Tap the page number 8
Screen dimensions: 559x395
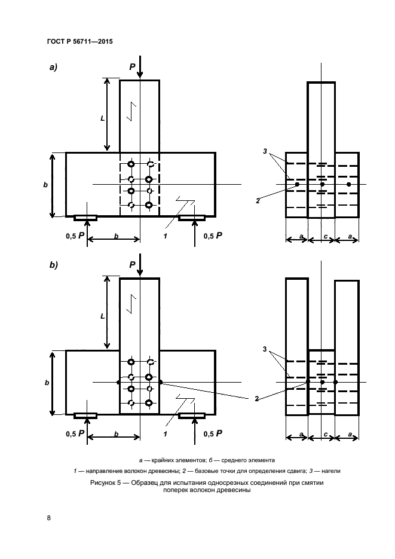point(48,517)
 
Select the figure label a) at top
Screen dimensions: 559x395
point(53,68)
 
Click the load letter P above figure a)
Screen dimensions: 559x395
point(132,68)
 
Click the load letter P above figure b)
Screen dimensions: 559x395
point(132,264)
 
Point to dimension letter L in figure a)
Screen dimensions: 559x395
point(103,118)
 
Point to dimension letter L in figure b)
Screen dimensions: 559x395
point(103,316)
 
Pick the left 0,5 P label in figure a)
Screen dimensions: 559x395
point(75,236)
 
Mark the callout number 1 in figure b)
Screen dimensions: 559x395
point(164,434)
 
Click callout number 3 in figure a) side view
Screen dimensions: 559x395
point(265,152)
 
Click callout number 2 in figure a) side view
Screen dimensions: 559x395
point(258,201)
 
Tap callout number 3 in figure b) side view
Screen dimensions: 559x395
point(265,349)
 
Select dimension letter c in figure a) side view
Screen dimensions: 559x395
point(324,237)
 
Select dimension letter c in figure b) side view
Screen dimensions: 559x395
point(324,435)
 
